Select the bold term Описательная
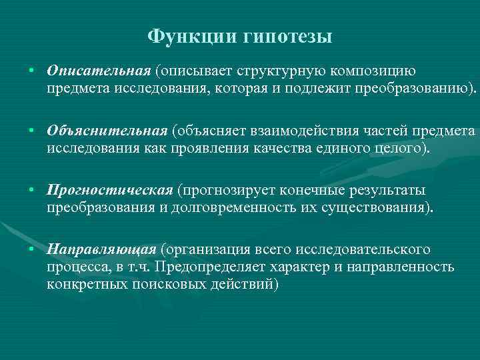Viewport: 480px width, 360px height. pyautogui.click(x=99, y=71)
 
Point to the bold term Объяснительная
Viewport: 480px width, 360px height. pyautogui.click(x=107, y=131)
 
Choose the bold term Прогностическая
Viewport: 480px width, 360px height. pyautogui.click(x=110, y=191)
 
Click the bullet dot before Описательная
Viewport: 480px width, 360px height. pyautogui.click(x=31, y=71)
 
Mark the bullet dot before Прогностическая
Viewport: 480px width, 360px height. pyautogui.click(x=31, y=191)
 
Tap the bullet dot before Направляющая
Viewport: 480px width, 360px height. pyautogui.click(x=31, y=251)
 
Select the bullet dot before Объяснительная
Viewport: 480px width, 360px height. pyautogui.click(x=31, y=131)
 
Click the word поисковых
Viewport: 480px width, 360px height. pyautogui.click(x=169, y=283)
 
